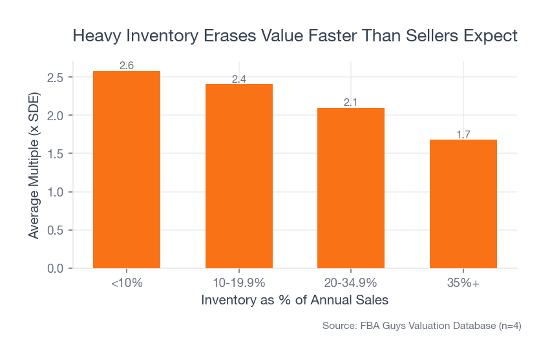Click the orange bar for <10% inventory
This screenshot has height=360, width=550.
127,169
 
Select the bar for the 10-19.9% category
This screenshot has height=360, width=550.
238,176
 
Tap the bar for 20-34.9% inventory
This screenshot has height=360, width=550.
351,187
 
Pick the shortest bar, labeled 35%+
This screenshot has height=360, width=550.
463,204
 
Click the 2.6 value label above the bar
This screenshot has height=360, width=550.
127,66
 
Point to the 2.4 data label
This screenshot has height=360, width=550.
238,79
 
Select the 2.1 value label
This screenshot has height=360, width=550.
351,102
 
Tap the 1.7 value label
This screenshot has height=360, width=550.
463,134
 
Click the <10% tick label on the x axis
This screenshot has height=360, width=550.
127,283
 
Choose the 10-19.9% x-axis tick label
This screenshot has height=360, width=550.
238,283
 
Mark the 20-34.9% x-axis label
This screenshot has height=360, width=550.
351,283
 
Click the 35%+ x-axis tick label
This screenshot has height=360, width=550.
463,283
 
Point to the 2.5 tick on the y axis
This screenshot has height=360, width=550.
56,78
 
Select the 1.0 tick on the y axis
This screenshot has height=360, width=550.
56,192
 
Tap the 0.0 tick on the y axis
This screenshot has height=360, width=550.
56,268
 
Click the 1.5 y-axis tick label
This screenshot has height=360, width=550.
56,154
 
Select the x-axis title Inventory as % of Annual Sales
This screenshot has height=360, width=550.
295,301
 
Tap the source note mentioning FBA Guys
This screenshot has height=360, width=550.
421,326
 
